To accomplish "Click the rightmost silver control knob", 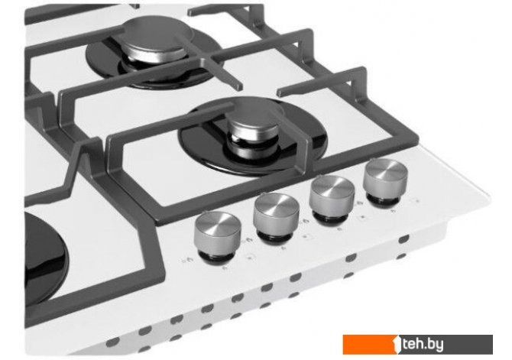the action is click(x=386, y=180).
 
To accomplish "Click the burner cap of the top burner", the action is click(x=154, y=39).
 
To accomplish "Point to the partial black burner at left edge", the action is click(x=46, y=255).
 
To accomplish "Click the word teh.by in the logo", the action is click(x=423, y=345).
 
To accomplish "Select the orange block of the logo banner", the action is click(x=369, y=344).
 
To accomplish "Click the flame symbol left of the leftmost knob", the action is click(x=189, y=260).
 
